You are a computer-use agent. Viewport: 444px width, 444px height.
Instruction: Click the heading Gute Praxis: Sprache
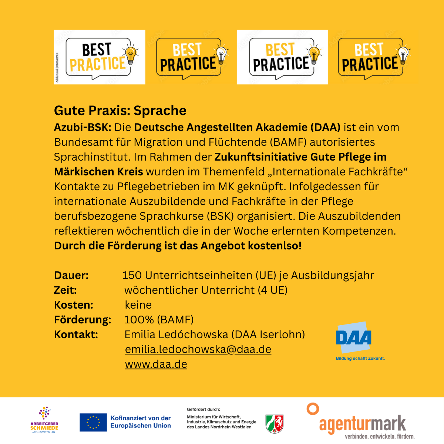pos(120,111)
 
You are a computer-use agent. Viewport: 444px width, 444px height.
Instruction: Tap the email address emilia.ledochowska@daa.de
pos(198,349)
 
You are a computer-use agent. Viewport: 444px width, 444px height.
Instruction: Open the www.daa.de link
pos(156,364)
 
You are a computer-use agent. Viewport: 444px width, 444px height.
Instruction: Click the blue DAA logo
pos(354,338)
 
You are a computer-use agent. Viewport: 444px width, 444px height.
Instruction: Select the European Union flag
pos(93,422)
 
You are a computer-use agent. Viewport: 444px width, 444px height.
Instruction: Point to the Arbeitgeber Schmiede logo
pos(44,420)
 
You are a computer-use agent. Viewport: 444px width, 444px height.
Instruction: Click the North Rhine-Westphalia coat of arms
pos(275,424)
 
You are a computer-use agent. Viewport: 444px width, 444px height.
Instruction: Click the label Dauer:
pos(71,275)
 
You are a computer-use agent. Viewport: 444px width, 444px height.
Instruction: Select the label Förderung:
pos(83,320)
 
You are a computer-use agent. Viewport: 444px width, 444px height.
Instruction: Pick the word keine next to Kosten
pos(138,305)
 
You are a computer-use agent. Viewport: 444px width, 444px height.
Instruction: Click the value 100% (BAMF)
pos(159,320)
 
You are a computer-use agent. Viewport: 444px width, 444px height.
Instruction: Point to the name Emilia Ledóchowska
pos(176,334)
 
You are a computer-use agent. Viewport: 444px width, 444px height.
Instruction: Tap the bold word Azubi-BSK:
pos(83,127)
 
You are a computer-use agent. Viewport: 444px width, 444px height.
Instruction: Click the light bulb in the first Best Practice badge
pos(130,54)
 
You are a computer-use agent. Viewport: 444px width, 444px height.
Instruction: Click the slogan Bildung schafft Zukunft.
pos(360,358)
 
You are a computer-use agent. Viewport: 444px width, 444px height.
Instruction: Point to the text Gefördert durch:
pos(203,410)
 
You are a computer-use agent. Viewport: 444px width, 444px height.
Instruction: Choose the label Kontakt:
pos(76,334)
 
